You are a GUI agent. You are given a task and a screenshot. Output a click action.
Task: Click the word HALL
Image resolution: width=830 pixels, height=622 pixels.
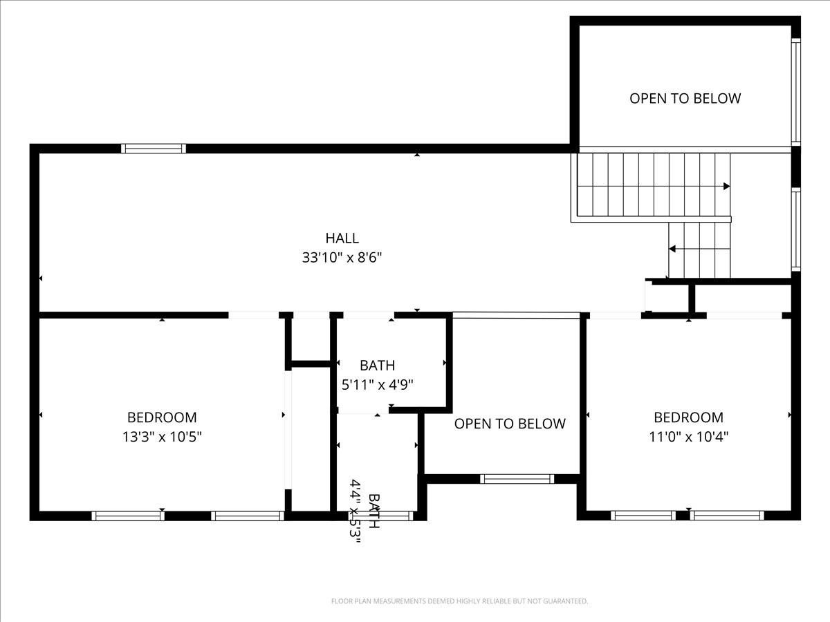point(342,238)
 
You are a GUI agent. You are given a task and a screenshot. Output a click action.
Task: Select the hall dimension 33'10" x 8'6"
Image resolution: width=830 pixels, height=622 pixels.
point(342,258)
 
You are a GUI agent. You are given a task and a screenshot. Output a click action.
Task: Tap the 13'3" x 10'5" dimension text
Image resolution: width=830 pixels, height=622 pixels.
point(162,437)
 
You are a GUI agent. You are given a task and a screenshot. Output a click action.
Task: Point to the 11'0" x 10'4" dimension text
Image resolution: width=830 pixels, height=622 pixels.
point(688,437)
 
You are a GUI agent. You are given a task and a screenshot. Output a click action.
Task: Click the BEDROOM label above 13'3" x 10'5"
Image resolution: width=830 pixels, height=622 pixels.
point(162,417)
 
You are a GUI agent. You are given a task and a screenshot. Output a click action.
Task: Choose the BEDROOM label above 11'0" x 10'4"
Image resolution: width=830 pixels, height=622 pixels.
point(688,417)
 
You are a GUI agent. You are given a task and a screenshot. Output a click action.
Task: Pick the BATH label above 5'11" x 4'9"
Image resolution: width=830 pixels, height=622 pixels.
point(377,366)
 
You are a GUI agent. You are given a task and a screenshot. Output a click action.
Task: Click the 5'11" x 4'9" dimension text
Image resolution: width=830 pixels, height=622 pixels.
point(377,385)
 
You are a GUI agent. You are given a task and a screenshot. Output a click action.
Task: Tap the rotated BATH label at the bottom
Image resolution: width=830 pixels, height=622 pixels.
point(373,511)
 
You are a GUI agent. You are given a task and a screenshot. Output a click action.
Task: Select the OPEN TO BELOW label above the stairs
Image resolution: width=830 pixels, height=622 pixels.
point(685,98)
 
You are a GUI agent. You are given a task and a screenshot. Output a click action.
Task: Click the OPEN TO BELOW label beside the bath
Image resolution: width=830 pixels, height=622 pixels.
point(510,424)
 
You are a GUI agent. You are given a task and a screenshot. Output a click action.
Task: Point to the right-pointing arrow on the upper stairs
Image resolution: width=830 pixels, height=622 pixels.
point(726,186)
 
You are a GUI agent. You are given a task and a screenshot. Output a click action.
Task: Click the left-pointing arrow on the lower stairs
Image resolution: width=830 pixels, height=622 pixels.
point(672,249)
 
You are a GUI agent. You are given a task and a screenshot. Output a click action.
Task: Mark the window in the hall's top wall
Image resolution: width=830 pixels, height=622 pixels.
point(154,148)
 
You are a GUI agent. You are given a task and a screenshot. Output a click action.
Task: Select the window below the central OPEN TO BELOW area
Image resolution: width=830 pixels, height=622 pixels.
point(517,478)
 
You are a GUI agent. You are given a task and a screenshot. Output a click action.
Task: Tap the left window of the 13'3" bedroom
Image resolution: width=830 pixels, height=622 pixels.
point(128,516)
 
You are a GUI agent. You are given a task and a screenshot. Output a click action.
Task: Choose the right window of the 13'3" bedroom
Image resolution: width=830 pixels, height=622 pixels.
point(247,516)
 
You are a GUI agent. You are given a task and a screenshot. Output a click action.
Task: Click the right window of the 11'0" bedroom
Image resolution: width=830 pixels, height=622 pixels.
point(727,516)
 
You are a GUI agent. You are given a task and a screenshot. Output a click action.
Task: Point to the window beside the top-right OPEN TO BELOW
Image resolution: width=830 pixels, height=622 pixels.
point(796,91)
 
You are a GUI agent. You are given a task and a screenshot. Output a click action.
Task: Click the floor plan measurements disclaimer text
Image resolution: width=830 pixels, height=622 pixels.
point(459,601)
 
